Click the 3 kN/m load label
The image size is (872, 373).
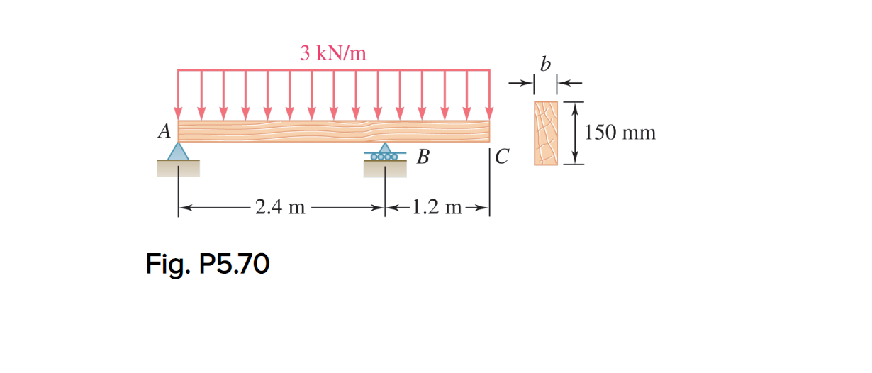[x=332, y=53]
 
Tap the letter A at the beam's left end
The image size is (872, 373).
[x=164, y=131]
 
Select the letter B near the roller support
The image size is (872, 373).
[x=423, y=157]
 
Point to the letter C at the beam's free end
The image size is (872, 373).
[x=502, y=157]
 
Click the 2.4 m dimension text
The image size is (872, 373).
[x=280, y=208]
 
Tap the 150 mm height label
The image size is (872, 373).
[x=621, y=133]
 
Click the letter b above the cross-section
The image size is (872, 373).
[x=544, y=65]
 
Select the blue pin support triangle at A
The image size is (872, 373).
[x=178, y=151]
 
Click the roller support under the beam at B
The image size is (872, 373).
[x=385, y=153]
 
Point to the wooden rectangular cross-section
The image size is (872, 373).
[x=546, y=133]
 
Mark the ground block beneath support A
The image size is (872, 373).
[x=178, y=168]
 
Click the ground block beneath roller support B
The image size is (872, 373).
[x=385, y=169]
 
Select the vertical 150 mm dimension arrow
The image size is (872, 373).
[x=575, y=133]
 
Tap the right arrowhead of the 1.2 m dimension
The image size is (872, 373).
[x=484, y=208]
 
